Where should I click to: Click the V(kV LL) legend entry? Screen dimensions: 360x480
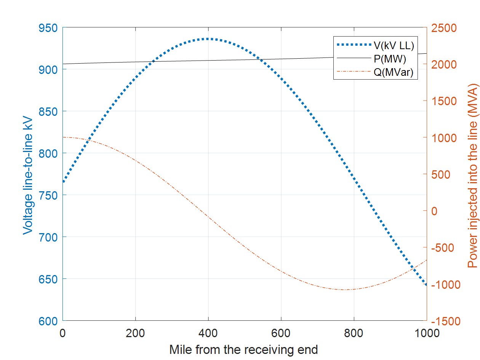pos(394,46)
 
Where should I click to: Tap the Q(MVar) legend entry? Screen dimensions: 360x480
pos(393,72)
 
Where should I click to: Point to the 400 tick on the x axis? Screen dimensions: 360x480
pos(208,333)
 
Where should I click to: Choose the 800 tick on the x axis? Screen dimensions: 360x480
pos(354,333)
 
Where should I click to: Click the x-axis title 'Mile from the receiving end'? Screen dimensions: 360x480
pos(244,349)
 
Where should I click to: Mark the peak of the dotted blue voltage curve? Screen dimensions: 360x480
pos(208,39)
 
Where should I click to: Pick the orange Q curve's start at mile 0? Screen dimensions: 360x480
pos(63,137)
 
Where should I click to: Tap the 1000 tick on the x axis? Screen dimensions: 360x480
pos(426,333)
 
